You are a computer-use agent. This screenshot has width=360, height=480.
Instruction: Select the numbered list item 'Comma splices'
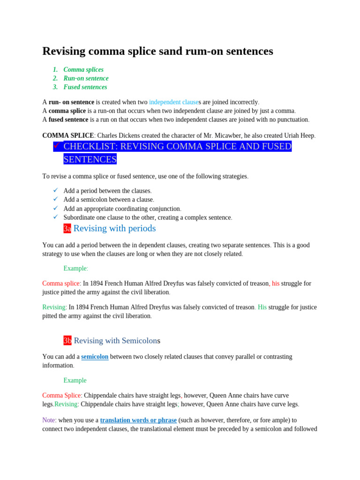pos(83,69)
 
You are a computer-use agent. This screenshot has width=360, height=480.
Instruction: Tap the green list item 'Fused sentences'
pos(85,87)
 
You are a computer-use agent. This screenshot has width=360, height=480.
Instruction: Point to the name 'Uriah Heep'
pos(298,135)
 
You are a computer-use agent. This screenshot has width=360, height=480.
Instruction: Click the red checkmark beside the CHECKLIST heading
pos(56,146)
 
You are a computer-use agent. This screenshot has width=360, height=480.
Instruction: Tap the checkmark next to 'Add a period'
pos(56,190)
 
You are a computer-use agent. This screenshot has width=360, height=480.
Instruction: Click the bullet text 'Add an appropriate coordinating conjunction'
pos(122,209)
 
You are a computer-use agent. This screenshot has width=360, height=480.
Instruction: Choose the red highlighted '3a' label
pos(67,229)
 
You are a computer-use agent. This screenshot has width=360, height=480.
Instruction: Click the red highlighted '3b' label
pos(67,340)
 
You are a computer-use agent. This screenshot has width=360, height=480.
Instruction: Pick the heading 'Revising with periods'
pos(114,228)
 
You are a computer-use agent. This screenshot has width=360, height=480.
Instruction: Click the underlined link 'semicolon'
pos(95,357)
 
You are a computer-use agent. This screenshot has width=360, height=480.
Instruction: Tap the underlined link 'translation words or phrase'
pos(138,420)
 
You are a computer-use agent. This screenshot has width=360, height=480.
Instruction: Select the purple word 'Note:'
pos(49,420)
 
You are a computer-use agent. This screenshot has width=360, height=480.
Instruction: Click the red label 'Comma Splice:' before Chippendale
pos(62,395)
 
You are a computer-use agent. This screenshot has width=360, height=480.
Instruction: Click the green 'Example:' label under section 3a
pos(76,268)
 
